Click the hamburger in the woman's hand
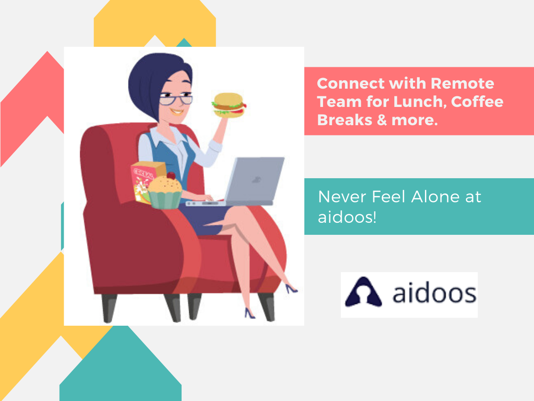(x=229, y=105)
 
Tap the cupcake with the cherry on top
(x=165, y=191)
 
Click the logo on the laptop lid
(x=256, y=180)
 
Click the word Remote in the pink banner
(x=462, y=83)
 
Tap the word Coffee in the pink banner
(x=477, y=102)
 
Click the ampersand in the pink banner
(x=382, y=120)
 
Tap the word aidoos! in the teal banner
(x=347, y=217)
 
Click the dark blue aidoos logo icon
(x=364, y=291)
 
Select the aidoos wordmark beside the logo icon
(x=434, y=292)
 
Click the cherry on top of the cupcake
(x=171, y=176)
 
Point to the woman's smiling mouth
(x=176, y=112)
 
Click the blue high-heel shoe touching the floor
(x=250, y=313)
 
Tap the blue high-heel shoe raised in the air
(x=291, y=289)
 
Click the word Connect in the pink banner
(x=351, y=83)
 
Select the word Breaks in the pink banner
(x=345, y=120)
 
